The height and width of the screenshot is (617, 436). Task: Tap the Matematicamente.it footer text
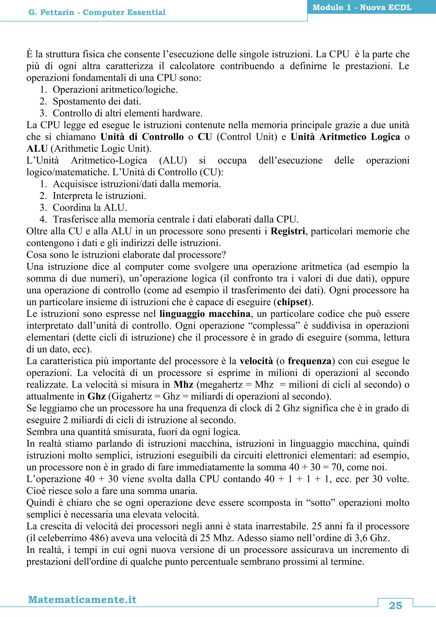82,599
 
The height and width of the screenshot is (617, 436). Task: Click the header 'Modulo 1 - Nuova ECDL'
362,7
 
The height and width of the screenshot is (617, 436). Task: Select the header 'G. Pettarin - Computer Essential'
97,12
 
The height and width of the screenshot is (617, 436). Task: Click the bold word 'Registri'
288,231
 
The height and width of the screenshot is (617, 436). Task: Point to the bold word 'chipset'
292,302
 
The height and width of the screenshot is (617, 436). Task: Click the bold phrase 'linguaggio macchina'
205,314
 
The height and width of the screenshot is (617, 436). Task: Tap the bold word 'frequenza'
310,361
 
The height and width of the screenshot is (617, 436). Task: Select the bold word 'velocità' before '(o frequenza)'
256,361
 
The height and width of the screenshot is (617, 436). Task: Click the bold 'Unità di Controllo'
142,137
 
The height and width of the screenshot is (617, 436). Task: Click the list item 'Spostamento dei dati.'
97,101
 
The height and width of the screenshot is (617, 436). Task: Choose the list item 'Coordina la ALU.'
90,208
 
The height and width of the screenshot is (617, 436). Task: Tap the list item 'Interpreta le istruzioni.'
99,196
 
